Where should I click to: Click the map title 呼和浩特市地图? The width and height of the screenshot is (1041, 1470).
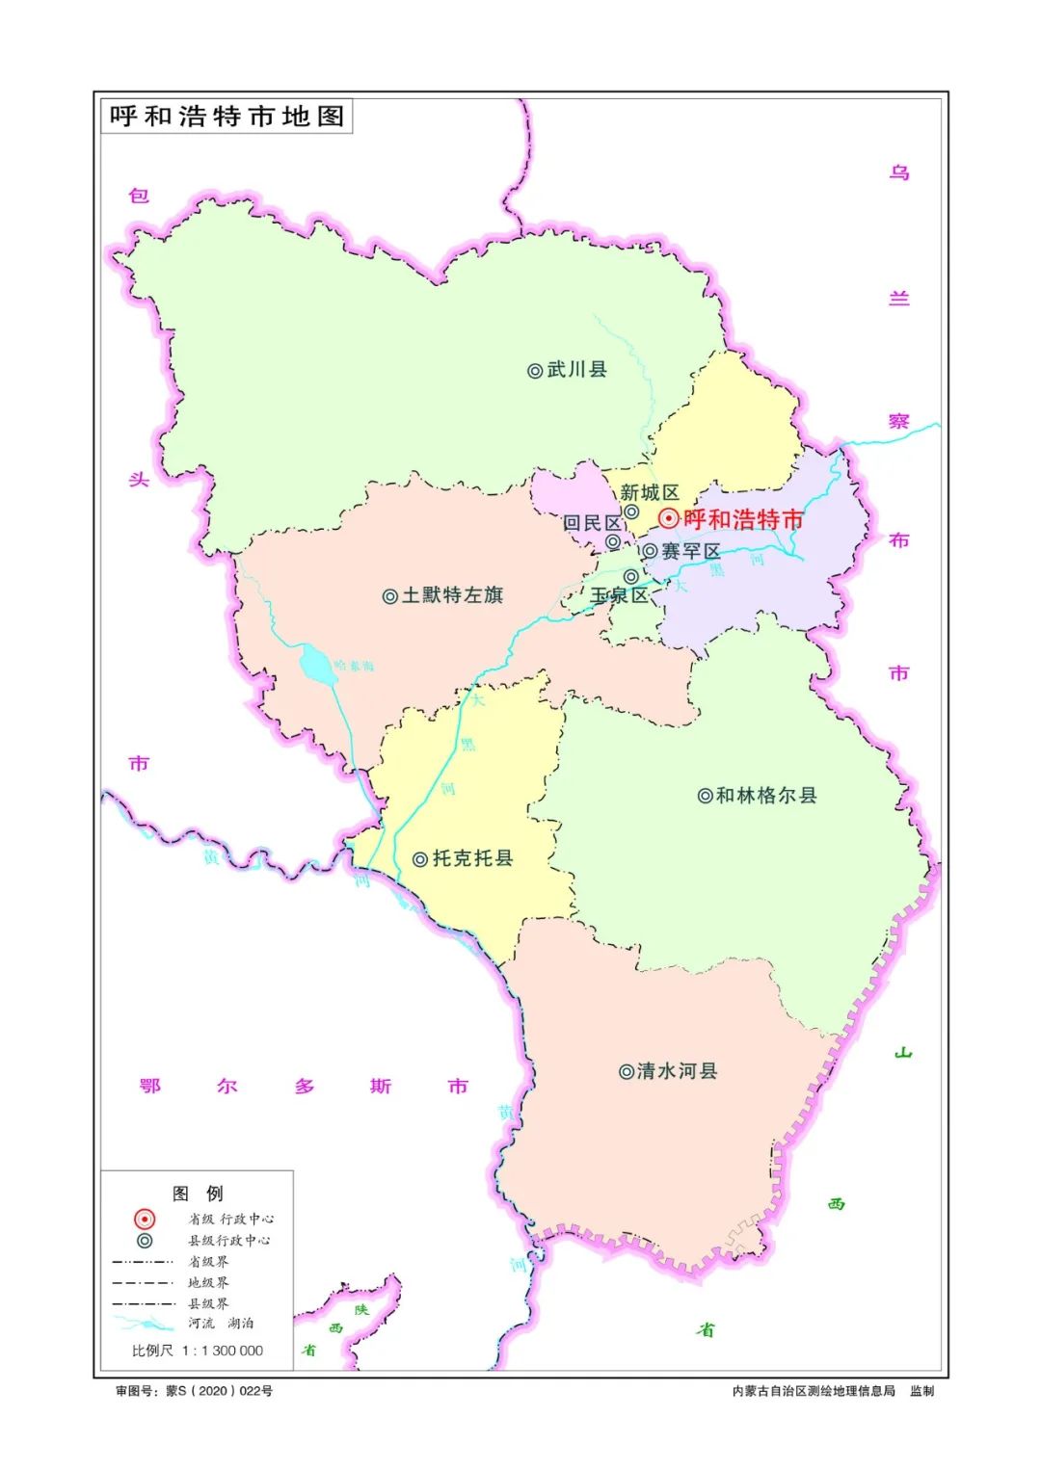(227, 117)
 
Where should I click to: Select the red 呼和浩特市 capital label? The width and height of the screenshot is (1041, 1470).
(743, 520)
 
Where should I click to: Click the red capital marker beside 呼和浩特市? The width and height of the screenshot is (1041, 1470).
(668, 519)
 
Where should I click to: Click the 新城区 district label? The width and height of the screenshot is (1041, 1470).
(649, 493)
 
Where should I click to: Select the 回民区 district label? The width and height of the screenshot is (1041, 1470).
(592, 523)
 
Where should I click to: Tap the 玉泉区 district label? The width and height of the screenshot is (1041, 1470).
(619, 595)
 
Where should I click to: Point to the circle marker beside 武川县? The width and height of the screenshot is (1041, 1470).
(535, 371)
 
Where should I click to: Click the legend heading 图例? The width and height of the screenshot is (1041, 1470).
(198, 1194)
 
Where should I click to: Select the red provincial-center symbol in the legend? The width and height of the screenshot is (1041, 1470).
(145, 1220)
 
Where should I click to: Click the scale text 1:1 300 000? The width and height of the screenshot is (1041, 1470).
(222, 1351)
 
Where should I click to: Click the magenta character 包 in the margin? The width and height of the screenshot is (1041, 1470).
(139, 196)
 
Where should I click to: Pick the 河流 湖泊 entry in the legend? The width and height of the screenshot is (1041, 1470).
(221, 1324)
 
